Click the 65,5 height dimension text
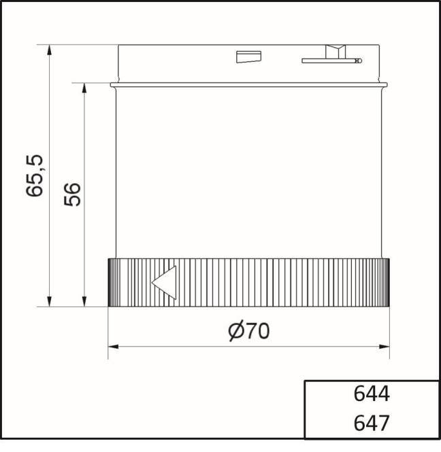(35, 175)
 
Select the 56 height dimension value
(72, 194)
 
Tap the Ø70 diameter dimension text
(248, 331)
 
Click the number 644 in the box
(372, 394)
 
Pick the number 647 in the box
(372, 423)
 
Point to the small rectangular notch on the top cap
(245, 57)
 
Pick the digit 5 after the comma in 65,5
(35, 160)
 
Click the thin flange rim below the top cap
(249, 85)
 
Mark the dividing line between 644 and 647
(372, 408)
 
